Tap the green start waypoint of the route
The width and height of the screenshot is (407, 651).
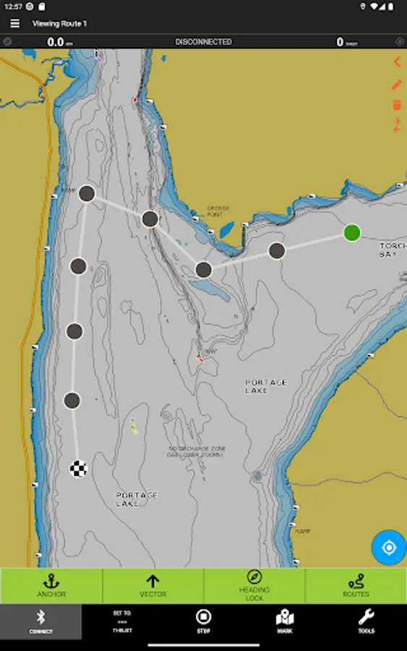tap(352, 232)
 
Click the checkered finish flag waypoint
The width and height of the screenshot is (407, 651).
tap(79, 469)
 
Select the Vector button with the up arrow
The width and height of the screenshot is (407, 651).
tap(153, 585)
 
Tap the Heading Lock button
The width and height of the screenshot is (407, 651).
tap(254, 585)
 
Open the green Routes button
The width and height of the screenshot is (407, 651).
tap(356, 585)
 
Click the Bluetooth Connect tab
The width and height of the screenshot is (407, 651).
tap(41, 621)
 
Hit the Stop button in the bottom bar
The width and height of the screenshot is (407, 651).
tap(204, 621)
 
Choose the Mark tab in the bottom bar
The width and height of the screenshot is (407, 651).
tap(285, 621)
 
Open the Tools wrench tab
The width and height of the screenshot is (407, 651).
tap(366, 621)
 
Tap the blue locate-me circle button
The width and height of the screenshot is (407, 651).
tap(389, 548)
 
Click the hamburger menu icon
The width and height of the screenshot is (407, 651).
tap(14, 24)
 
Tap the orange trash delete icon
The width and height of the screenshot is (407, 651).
tap(397, 106)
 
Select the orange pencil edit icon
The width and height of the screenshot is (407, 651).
tap(397, 85)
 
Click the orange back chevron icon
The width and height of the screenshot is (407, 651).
tap(397, 62)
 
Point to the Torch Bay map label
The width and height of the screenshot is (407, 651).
tap(393, 250)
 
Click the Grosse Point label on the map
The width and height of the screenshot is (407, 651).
tap(218, 211)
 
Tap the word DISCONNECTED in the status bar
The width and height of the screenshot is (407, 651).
tap(203, 42)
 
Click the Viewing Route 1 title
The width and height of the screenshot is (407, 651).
tap(59, 24)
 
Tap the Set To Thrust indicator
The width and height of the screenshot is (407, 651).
tap(122, 621)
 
